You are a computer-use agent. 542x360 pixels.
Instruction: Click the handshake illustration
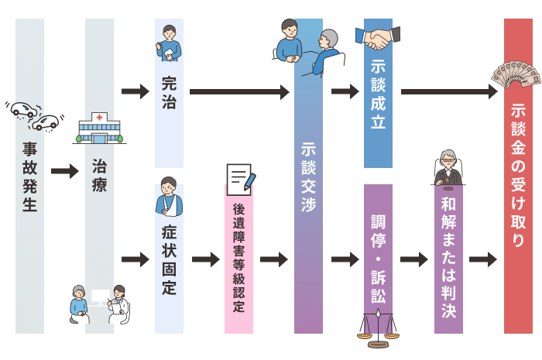click(378, 36)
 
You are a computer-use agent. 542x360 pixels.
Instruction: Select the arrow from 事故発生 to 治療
click(64, 171)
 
